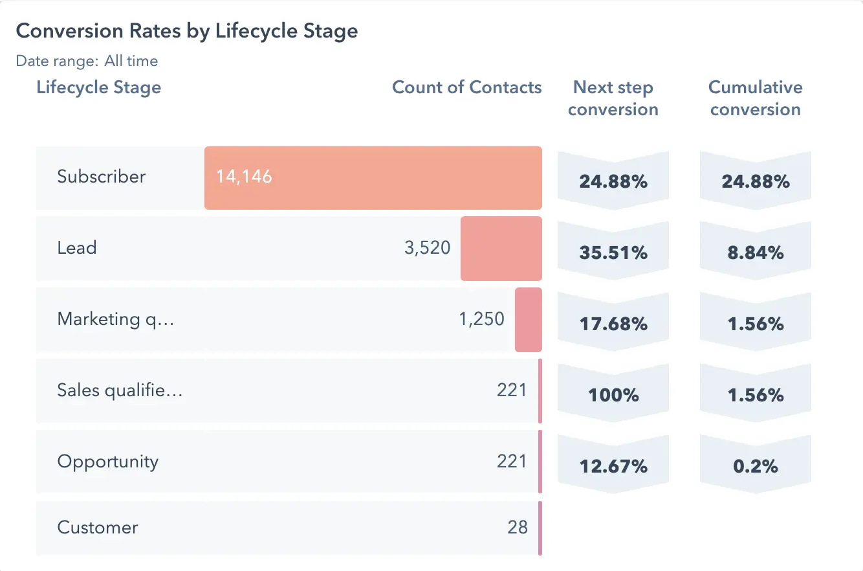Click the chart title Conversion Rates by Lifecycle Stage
click(x=186, y=31)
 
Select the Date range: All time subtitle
click(x=87, y=61)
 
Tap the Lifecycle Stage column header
click(x=99, y=87)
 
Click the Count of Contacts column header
click(x=466, y=87)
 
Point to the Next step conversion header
click(x=613, y=98)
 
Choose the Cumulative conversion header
click(x=755, y=98)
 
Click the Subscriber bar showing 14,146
click(x=373, y=178)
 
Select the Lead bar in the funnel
click(x=501, y=249)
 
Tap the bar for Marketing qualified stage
click(x=528, y=320)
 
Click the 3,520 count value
click(x=427, y=248)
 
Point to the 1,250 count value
click(x=481, y=319)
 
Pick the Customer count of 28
click(x=517, y=527)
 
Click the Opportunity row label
click(x=107, y=462)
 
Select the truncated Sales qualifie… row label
click(x=120, y=390)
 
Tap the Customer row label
click(x=97, y=527)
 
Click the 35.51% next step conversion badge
click(x=613, y=252)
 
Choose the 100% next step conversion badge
click(x=613, y=395)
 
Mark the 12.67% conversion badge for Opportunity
click(x=613, y=466)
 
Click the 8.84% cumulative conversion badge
click(x=755, y=252)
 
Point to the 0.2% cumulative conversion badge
click(x=755, y=466)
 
